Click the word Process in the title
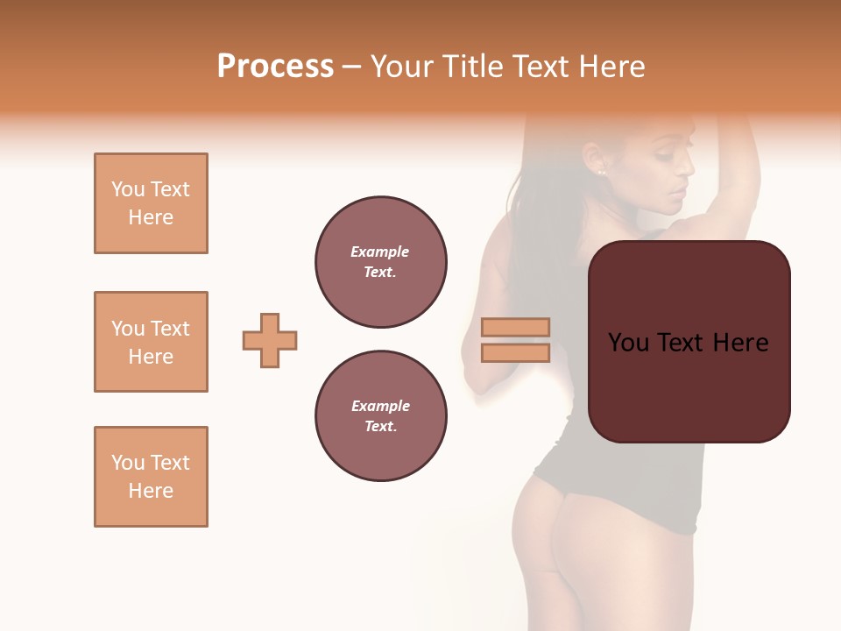(x=275, y=67)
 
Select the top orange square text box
(x=151, y=203)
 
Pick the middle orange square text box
(x=151, y=342)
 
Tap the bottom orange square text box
(x=151, y=477)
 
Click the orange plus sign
(x=270, y=340)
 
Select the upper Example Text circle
(x=380, y=262)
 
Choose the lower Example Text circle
(x=380, y=416)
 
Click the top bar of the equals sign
(x=515, y=327)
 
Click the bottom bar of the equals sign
(x=515, y=352)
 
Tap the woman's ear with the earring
(x=598, y=161)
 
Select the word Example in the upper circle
(x=379, y=252)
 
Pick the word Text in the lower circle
(x=379, y=427)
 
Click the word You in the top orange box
(x=127, y=189)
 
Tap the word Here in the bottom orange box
(x=151, y=491)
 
